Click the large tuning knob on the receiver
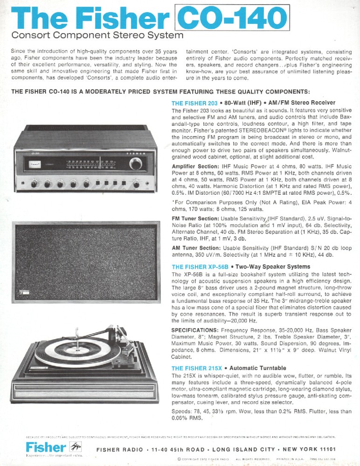click(x=136, y=164)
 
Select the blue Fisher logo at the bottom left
click(x=45, y=447)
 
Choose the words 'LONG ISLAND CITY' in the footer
click(x=240, y=449)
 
